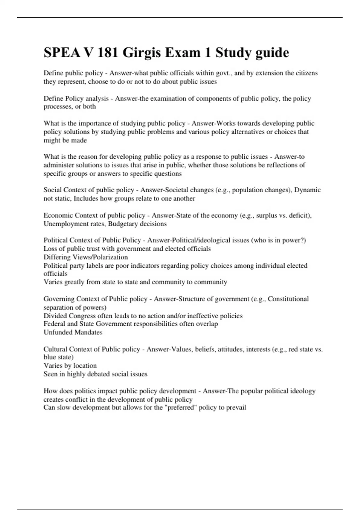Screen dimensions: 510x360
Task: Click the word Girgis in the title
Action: click(141, 53)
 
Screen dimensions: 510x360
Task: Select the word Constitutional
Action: click(288, 299)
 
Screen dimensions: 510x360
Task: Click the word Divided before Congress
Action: click(55, 316)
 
